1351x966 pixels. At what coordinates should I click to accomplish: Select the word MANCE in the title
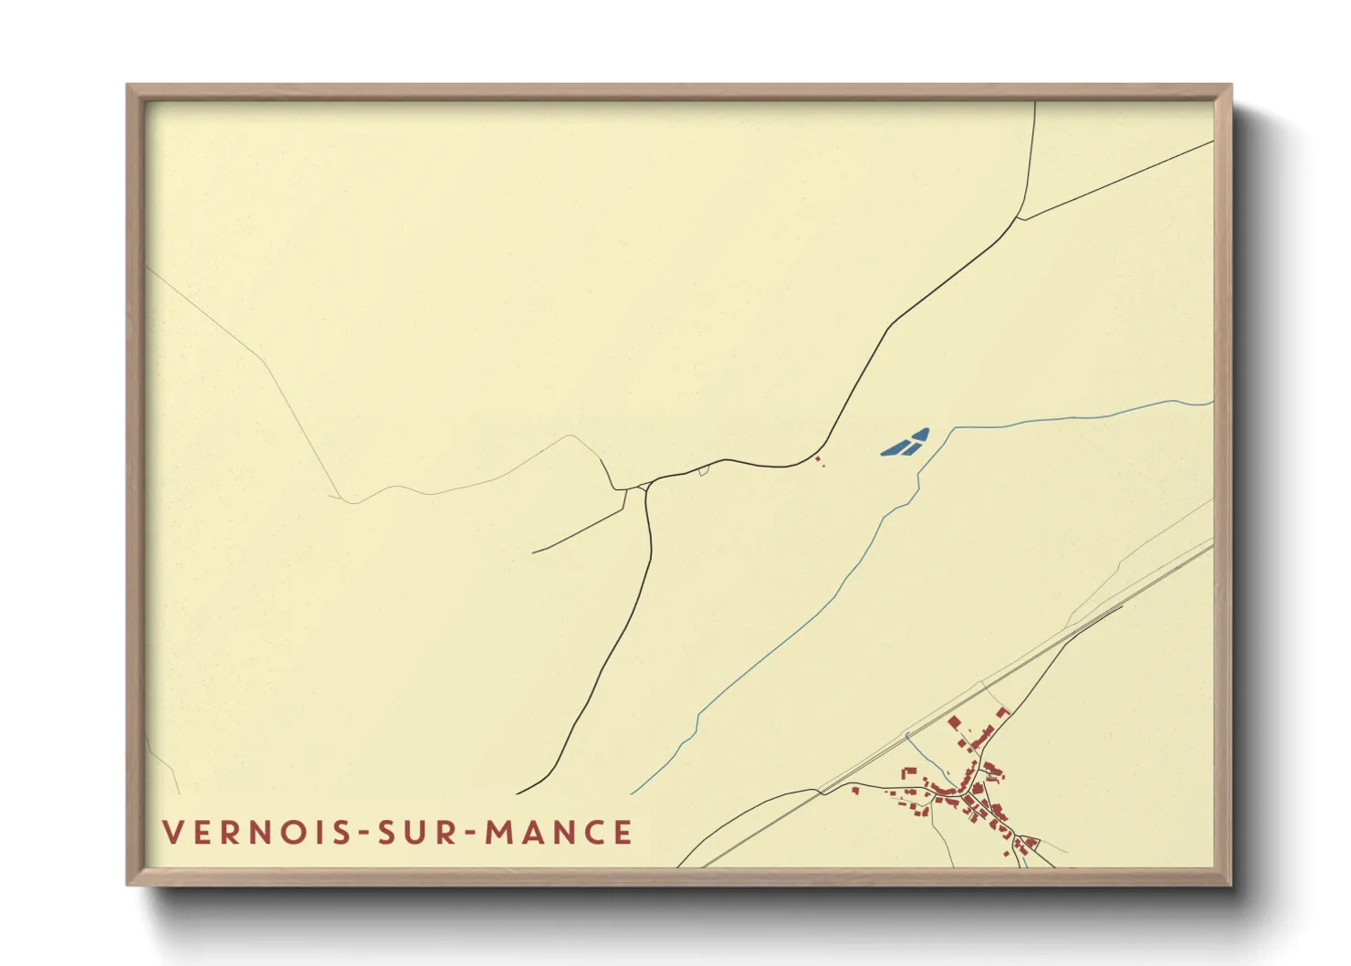pos(558,833)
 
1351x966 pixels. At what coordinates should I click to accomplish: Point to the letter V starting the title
pos(173,833)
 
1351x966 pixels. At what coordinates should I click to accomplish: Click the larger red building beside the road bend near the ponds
pos(817,458)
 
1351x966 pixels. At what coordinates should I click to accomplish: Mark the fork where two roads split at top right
pos(1018,218)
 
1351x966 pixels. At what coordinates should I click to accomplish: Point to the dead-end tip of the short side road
pos(533,552)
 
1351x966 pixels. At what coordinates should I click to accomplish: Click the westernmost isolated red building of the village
pos(855,791)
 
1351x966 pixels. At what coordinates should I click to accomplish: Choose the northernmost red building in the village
pos(1002,711)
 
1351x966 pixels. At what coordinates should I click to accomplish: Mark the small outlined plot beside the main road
pos(703,471)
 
